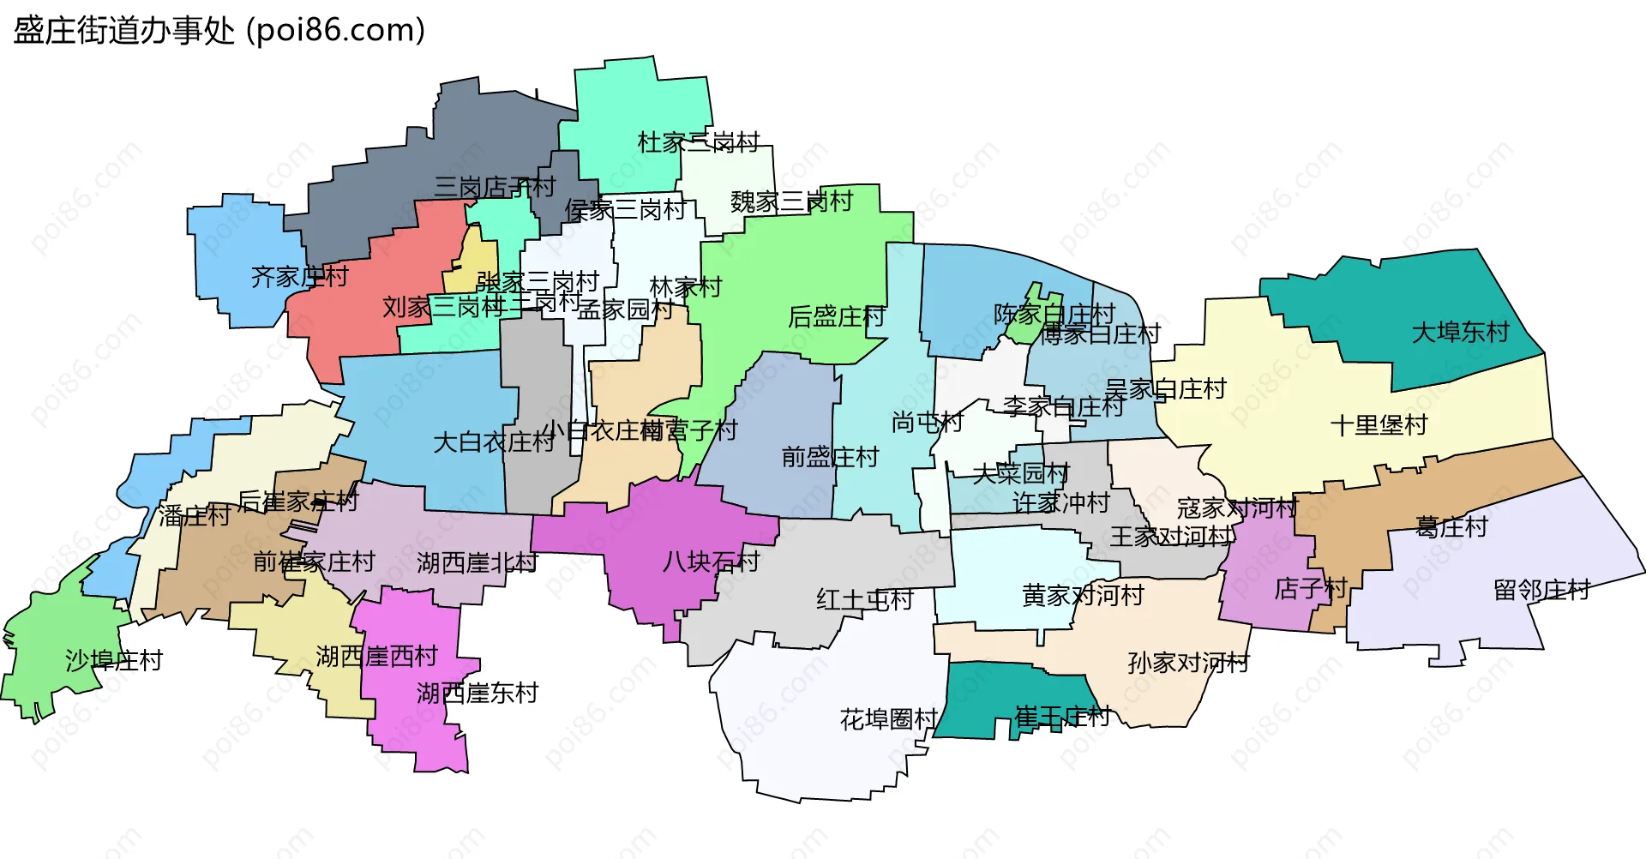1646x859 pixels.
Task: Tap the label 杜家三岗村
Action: [x=699, y=142]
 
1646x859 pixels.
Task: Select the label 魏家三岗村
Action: [x=791, y=202]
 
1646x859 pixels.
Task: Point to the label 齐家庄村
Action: [x=299, y=277]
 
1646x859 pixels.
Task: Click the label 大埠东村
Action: [x=1460, y=333]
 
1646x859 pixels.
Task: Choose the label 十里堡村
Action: [x=1379, y=425]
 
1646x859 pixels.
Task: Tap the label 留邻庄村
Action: [x=1541, y=590]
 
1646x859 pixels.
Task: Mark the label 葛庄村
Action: [x=1451, y=527]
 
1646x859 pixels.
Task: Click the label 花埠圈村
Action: [x=888, y=719]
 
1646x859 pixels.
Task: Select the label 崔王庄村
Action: [x=1061, y=716]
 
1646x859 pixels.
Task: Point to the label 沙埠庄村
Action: [x=114, y=660]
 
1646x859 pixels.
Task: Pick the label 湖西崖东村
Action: [x=477, y=693]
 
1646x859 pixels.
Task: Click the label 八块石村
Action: [x=711, y=562]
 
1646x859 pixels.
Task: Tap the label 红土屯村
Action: [x=864, y=599]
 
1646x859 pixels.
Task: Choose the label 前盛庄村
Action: [x=830, y=457]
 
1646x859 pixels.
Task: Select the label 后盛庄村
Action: [x=836, y=317]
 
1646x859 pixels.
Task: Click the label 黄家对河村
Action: [x=1083, y=595]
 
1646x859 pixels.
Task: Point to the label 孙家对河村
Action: [x=1188, y=663]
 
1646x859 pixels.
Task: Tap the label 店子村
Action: [x=1311, y=589]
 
